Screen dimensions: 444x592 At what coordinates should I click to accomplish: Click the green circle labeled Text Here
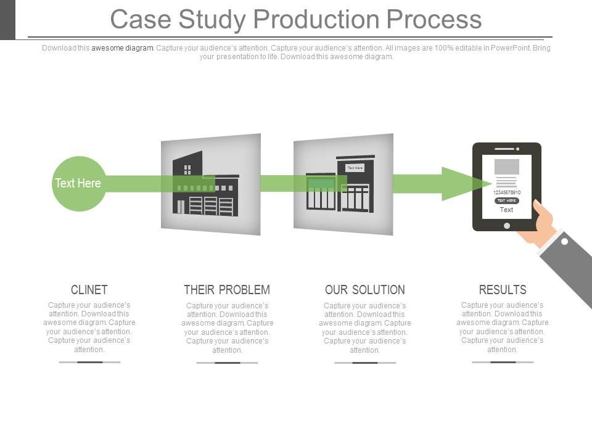pyautogui.click(x=78, y=183)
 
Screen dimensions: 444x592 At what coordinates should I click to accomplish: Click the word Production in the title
pyautogui.click(x=317, y=19)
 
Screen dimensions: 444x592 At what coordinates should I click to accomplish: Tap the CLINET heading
pyautogui.click(x=89, y=290)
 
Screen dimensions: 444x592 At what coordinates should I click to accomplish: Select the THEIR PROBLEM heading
pyautogui.click(x=227, y=290)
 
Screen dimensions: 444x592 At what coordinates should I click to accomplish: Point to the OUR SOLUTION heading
pyautogui.click(x=365, y=290)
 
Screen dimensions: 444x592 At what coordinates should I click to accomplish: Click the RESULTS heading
pyautogui.click(x=503, y=290)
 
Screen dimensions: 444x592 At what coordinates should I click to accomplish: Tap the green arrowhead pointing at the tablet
pyautogui.click(x=462, y=184)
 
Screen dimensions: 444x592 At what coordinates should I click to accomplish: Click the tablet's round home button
pyautogui.click(x=507, y=226)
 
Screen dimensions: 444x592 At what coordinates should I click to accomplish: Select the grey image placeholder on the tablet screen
pyautogui.click(x=507, y=166)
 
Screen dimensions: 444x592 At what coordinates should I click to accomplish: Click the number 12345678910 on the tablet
pyautogui.click(x=507, y=192)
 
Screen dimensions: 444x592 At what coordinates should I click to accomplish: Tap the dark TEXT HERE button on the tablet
pyautogui.click(x=507, y=200)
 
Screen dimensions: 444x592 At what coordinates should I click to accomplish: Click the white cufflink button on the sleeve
pyautogui.click(x=564, y=242)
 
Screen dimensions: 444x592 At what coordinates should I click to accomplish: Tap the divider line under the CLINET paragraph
pyautogui.click(x=89, y=362)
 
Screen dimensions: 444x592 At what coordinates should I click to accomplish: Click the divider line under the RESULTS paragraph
pyautogui.click(x=503, y=362)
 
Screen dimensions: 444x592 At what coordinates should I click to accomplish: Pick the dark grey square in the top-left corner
pyautogui.click(x=7, y=19)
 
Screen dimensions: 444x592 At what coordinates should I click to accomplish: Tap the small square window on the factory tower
pyautogui.click(x=187, y=170)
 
